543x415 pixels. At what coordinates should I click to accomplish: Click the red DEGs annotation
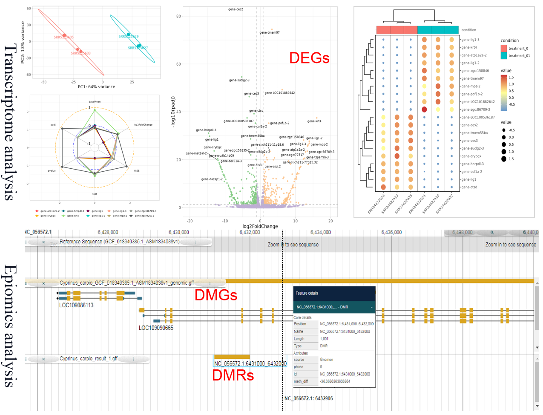tap(309, 58)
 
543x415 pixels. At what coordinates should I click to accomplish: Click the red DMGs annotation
tap(215, 295)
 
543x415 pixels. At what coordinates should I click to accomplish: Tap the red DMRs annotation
tap(233, 375)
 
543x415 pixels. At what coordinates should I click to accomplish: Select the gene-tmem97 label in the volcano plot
tap(270, 33)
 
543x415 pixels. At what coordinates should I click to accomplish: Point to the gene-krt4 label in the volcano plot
tap(314, 121)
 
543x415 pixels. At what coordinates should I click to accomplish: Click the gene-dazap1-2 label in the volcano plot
tap(212, 179)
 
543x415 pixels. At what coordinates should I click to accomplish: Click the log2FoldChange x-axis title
tap(260, 226)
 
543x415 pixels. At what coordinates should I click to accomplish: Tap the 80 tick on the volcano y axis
tap(178, 16)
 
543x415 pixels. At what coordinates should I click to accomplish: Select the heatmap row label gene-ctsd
tap(469, 187)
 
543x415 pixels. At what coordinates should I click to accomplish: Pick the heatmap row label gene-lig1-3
tap(470, 40)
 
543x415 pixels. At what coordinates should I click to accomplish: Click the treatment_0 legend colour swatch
tap(504, 49)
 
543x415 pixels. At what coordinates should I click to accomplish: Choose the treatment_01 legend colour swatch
tap(504, 56)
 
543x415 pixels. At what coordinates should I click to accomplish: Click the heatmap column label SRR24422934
tap(376, 204)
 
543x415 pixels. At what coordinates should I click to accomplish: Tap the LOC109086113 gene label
tap(76, 305)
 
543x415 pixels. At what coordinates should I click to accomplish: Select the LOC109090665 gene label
tap(156, 328)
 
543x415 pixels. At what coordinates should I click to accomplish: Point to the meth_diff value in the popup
tap(335, 381)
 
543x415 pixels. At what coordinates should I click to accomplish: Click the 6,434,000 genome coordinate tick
tap(320, 232)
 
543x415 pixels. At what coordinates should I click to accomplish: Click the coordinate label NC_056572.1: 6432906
tap(308, 398)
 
